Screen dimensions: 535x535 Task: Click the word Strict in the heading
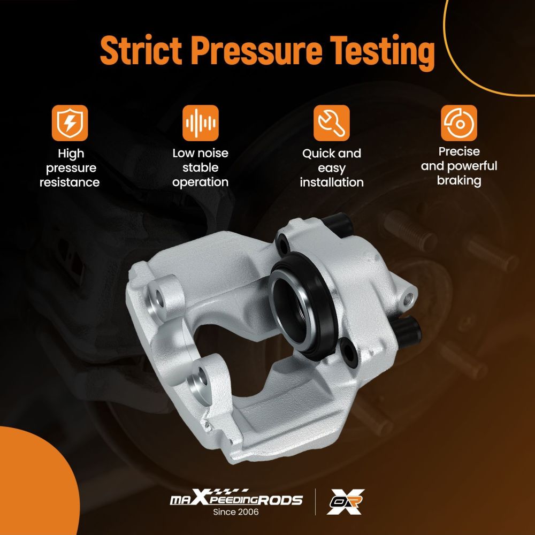point(141,50)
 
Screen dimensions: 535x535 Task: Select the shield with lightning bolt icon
point(70,123)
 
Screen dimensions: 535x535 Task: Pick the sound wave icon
point(200,123)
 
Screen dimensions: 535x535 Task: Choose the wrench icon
point(331,123)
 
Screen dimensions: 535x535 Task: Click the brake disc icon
point(459,123)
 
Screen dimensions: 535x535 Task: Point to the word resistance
point(70,182)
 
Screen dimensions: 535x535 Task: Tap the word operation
point(200,182)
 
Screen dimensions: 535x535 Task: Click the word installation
point(332,182)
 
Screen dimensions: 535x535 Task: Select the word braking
point(459,180)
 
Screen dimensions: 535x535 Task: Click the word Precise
point(459,151)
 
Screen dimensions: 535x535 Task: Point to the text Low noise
point(200,153)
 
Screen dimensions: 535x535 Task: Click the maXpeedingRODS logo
point(236,499)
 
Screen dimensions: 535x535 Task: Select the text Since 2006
point(236,512)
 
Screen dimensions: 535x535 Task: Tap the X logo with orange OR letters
point(345,501)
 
